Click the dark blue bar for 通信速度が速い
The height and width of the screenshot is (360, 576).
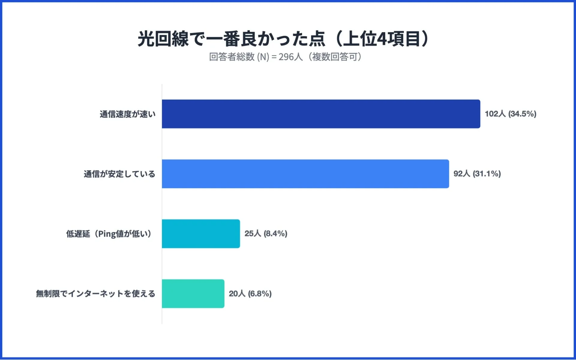tap(321, 114)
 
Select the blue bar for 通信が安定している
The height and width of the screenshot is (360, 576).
tap(305, 174)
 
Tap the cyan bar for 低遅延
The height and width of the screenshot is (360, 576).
tap(201, 234)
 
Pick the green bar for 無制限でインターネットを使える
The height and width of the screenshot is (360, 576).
tap(193, 294)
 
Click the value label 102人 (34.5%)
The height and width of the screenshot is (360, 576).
tap(510, 114)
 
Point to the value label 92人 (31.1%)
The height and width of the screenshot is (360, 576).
tap(477, 174)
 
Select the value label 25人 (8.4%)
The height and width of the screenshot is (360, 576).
tap(266, 234)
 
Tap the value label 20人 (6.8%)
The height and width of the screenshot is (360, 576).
tap(250, 294)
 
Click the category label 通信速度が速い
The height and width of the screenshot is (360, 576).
tap(127, 114)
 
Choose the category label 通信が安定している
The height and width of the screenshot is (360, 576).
tap(119, 174)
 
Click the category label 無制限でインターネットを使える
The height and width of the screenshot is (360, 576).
tap(95, 294)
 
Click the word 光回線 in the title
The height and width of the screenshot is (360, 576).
tap(163, 39)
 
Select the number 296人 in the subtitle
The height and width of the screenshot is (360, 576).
tap(290, 57)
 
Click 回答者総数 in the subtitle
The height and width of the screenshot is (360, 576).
tap(232, 57)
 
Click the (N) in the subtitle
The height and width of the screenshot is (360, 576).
tap(263, 57)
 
